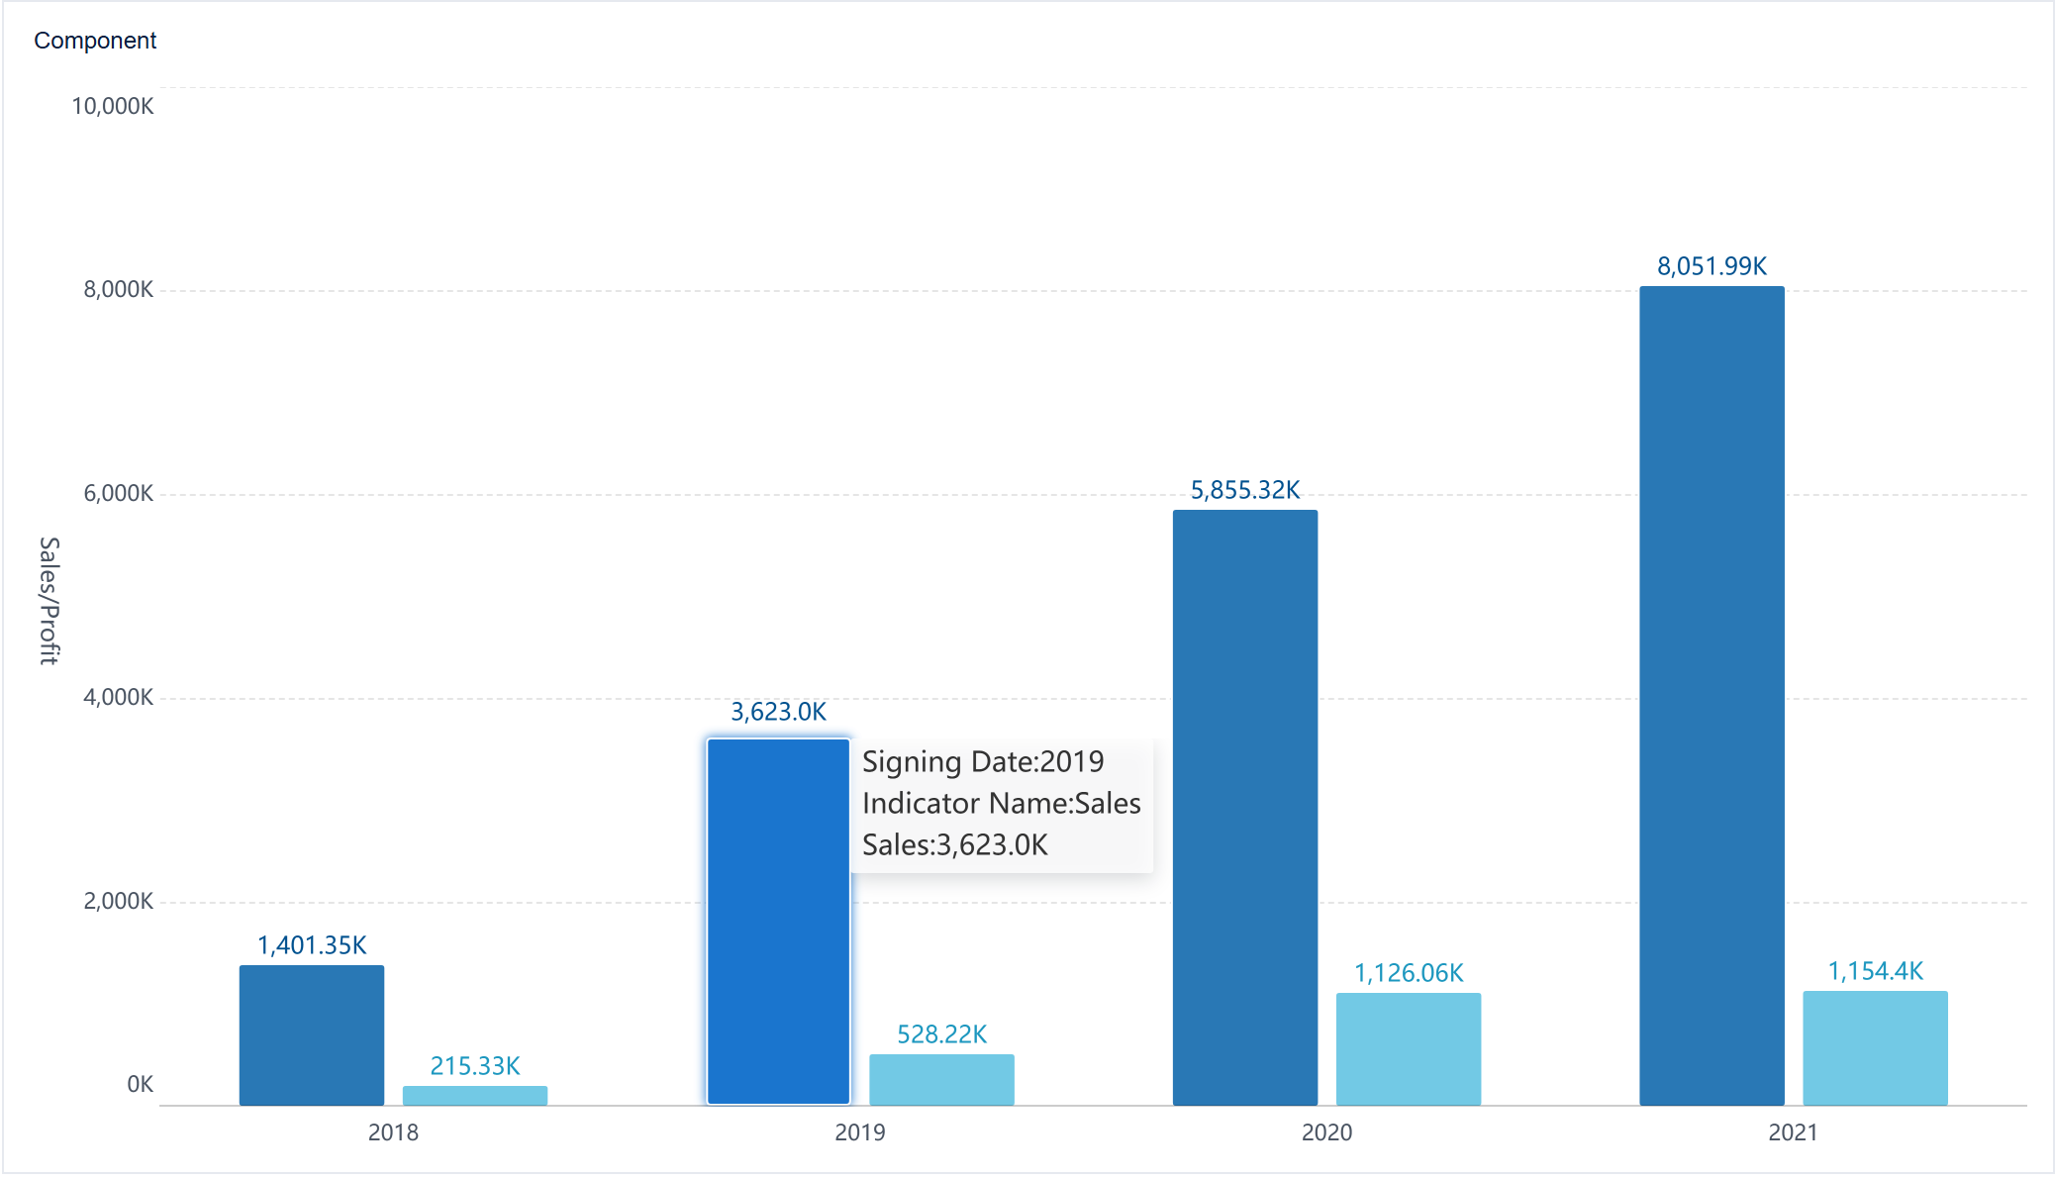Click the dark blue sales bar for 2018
pos(312,1034)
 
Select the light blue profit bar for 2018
pos(475,1095)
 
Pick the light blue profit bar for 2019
pos(941,1079)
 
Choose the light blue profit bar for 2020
pos(1409,1048)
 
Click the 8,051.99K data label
pos(1712,266)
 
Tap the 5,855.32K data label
pos(1245,490)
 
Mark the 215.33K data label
pos(475,1066)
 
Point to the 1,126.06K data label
pos(1409,973)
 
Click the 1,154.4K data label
pos(1875,971)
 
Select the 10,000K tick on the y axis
pos(113,106)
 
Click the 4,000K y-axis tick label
pos(119,697)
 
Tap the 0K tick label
pos(140,1084)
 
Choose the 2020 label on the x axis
pos(1326,1132)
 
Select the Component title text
pos(95,41)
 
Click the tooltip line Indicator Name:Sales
pos(1001,803)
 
